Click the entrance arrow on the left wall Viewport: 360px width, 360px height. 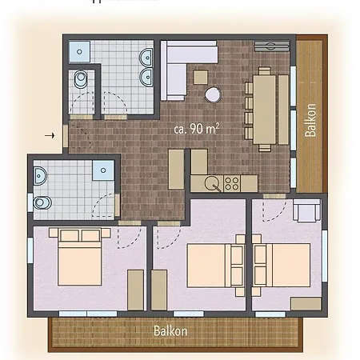coord(52,135)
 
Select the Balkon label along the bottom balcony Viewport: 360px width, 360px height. coord(170,330)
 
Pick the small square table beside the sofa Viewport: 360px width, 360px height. coord(200,77)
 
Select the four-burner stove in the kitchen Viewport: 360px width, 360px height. coord(231,182)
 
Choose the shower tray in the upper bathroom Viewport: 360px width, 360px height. coord(77,50)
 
